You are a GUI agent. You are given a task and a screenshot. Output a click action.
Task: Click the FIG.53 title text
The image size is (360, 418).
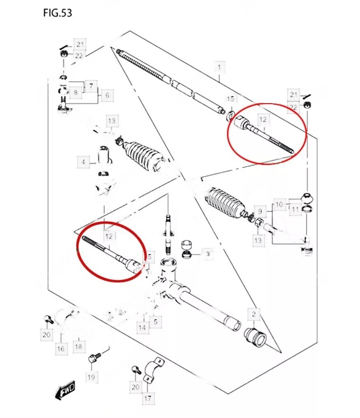point(57,13)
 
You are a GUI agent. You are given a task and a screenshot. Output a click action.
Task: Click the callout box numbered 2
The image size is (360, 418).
point(253,314)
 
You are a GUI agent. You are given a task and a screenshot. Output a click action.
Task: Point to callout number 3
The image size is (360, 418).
point(207,254)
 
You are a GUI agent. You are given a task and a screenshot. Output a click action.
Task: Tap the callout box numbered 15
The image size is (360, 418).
point(230,99)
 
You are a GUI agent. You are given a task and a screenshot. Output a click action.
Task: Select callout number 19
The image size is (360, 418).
point(91,377)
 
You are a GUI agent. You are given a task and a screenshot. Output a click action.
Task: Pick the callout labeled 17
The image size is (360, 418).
point(148,398)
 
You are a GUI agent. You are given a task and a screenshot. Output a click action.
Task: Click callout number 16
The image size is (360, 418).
point(61,349)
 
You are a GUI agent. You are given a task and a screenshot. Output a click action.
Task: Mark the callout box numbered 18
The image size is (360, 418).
point(79,347)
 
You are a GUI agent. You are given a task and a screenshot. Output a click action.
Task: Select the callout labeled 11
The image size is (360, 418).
point(295,209)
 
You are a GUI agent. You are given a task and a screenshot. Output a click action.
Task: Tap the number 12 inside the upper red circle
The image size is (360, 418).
point(263,120)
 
